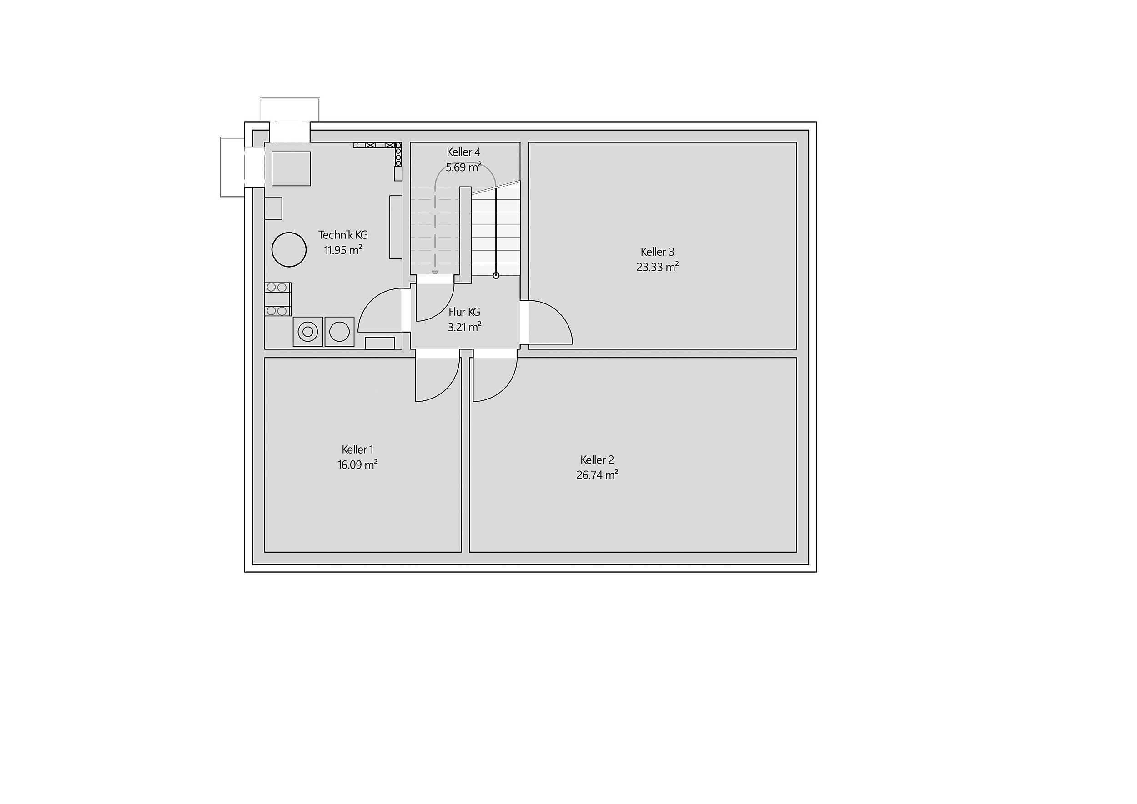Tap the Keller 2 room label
(x=597, y=460)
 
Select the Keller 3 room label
(x=657, y=252)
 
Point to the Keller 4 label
(x=463, y=152)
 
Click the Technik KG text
(x=343, y=235)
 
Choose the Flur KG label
(x=464, y=312)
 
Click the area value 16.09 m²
(x=357, y=465)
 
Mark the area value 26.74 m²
(x=597, y=475)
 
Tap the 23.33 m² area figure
(x=657, y=267)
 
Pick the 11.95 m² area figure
(x=343, y=250)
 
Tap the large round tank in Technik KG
(x=289, y=250)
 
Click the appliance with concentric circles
(x=308, y=331)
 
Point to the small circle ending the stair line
(x=496, y=275)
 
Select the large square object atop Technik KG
(x=291, y=169)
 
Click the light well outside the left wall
(x=232, y=167)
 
